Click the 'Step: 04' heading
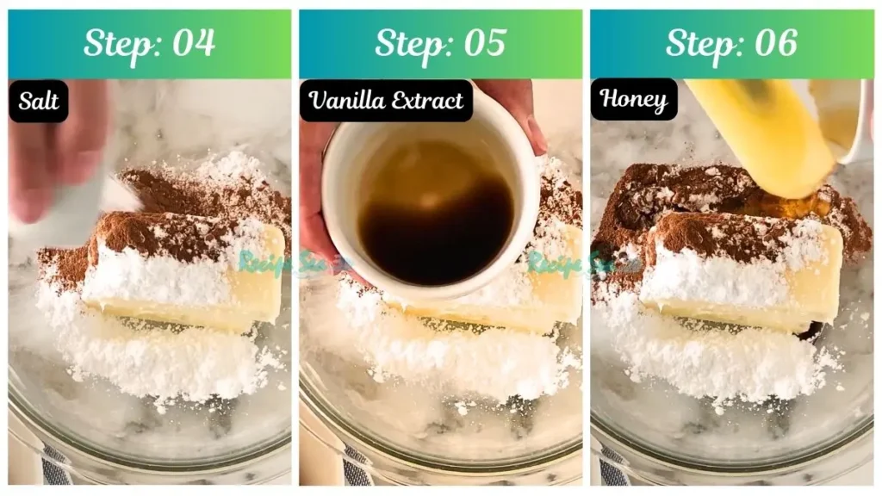[x=149, y=43]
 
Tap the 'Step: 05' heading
[x=440, y=43]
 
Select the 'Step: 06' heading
[x=731, y=43]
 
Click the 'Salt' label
[x=39, y=101]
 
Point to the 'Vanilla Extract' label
[x=386, y=101]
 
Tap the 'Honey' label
[x=633, y=101]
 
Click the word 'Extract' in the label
[x=427, y=101]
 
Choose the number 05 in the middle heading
[x=484, y=43]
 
